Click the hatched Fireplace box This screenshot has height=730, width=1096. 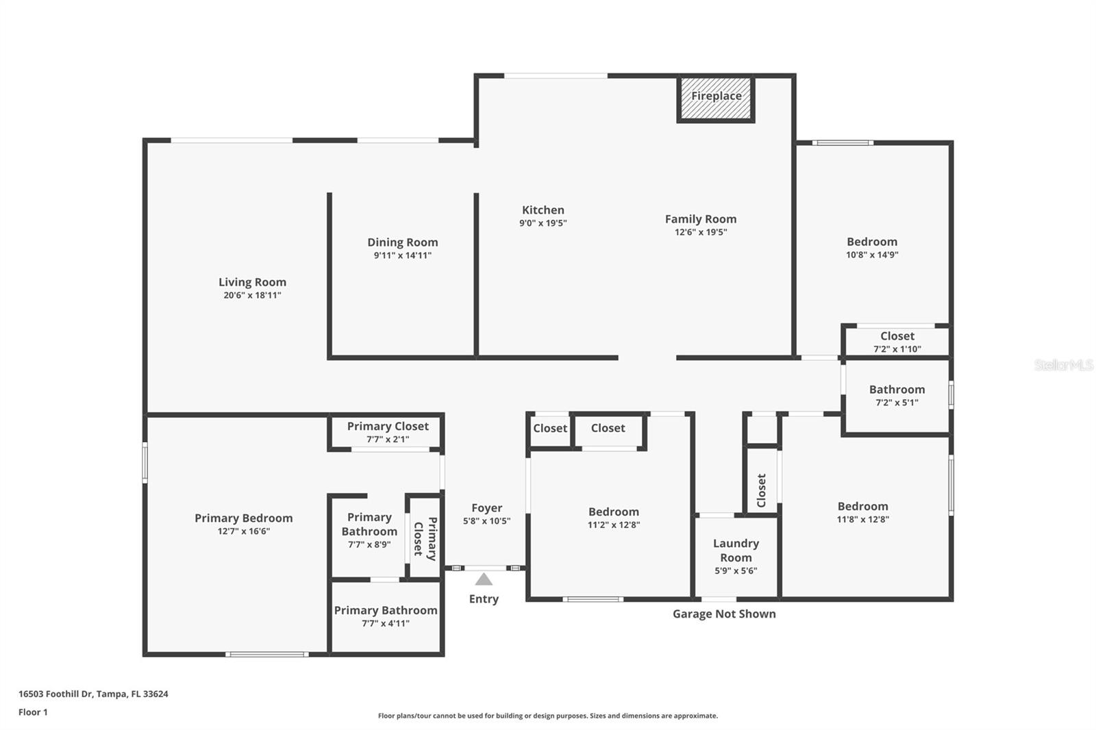click(716, 99)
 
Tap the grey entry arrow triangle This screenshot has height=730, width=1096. click(484, 580)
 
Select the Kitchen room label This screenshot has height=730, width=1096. click(543, 210)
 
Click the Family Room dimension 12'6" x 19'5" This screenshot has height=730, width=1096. click(700, 232)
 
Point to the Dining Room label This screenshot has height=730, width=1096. click(402, 242)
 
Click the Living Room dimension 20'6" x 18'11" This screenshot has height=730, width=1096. click(252, 295)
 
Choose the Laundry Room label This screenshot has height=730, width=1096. click(736, 550)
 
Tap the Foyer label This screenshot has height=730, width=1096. click(486, 508)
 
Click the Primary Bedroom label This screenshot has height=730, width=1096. click(243, 518)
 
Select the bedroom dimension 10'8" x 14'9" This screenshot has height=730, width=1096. click(871, 255)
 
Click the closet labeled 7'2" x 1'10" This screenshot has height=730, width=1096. click(897, 341)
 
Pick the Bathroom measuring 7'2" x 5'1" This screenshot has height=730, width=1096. click(897, 394)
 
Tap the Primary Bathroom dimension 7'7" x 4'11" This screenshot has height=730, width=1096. click(385, 623)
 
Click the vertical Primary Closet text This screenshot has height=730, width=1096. click(425, 538)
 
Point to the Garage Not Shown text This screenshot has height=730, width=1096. click(724, 614)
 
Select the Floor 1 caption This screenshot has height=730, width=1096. click(33, 712)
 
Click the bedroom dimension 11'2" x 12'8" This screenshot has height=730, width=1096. click(613, 525)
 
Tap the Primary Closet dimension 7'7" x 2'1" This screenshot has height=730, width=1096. click(388, 440)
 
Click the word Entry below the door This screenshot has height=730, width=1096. click(484, 599)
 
